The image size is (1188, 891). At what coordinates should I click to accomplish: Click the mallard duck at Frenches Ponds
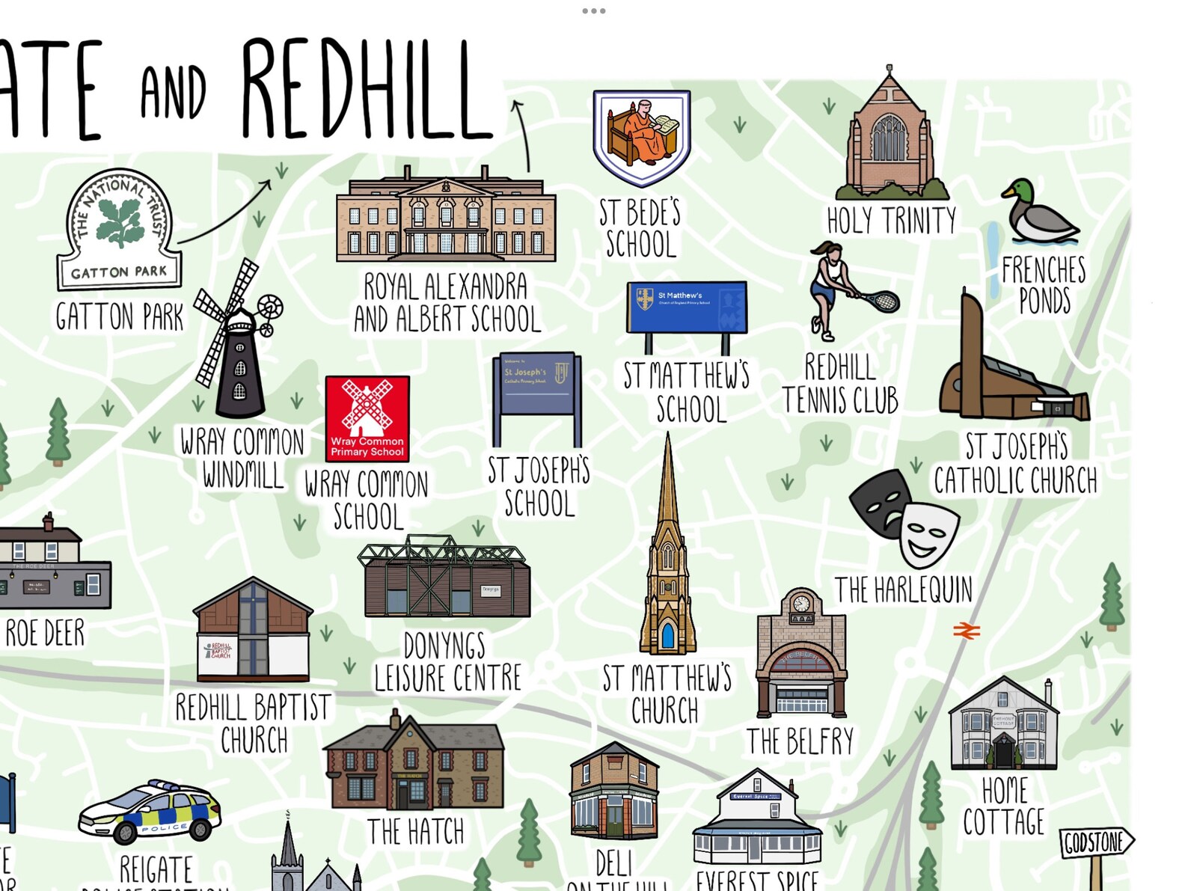point(1038,212)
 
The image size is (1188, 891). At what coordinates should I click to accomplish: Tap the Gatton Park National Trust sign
point(120,230)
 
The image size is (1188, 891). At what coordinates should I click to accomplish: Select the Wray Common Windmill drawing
point(238,340)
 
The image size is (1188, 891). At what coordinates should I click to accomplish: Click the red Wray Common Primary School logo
point(367,418)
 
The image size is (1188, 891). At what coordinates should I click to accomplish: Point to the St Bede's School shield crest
point(641,137)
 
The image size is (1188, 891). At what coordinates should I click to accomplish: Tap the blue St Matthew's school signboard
point(686,307)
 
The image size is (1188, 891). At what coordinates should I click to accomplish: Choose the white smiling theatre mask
point(928,533)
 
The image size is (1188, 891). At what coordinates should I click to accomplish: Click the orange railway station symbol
point(966,631)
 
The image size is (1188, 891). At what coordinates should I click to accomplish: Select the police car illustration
point(150,812)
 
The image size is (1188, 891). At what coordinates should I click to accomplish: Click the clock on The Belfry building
point(801,603)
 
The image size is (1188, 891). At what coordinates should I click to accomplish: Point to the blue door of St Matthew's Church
point(667,635)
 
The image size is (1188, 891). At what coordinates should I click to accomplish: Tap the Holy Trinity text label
point(891,221)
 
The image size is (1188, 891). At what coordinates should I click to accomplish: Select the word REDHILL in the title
point(366,90)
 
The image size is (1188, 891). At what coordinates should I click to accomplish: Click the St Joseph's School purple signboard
point(536,383)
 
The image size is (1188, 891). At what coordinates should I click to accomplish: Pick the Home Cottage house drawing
point(1003,725)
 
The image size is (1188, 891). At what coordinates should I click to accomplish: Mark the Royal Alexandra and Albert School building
point(446,217)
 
